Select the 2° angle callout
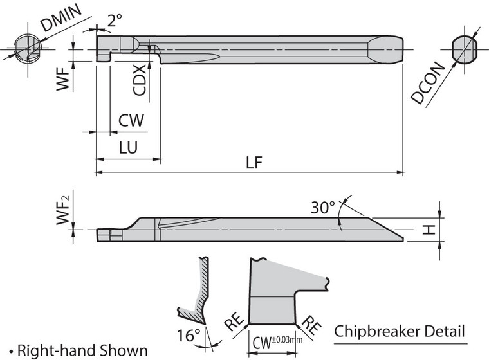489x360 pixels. point(114,21)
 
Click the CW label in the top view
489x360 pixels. point(131,120)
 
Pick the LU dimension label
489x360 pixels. point(128,147)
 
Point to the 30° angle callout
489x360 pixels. point(324,208)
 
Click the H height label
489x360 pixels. point(432,228)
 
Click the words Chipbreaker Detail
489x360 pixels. point(400,332)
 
